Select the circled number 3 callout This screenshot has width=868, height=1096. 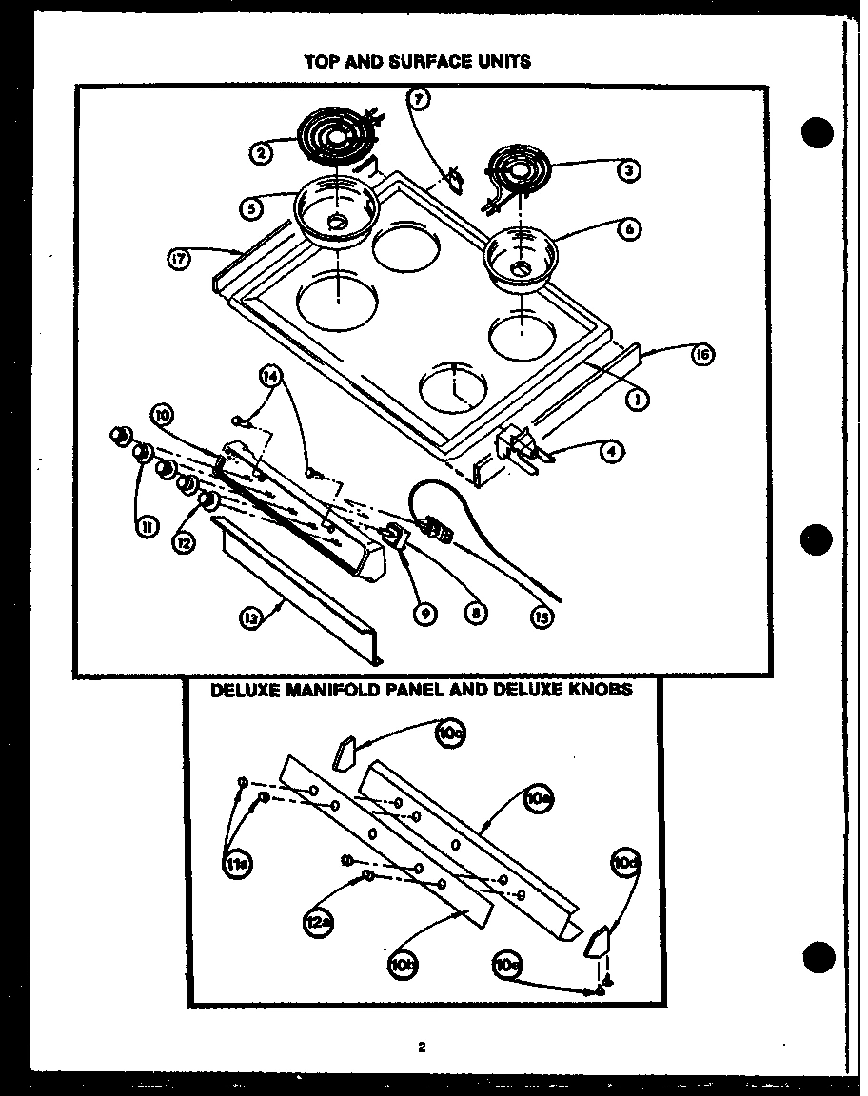click(627, 171)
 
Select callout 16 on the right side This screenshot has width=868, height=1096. click(702, 356)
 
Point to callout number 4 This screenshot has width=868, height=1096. click(613, 453)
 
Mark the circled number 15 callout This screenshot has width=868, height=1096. click(542, 616)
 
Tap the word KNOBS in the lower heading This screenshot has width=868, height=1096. click(598, 690)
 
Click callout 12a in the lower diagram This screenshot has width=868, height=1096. click(317, 921)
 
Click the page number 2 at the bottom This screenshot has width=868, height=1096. click(422, 1047)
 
